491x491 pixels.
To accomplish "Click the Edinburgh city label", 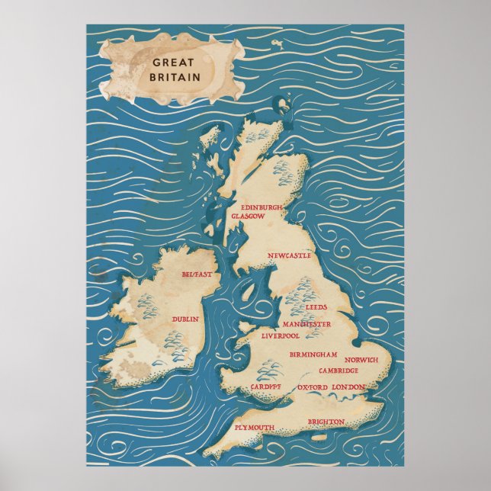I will [x=262, y=207].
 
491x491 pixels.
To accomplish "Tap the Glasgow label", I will [x=248, y=217].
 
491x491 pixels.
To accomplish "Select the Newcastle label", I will [x=289, y=257].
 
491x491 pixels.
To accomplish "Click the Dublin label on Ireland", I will [x=185, y=319].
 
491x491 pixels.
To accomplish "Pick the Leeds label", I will [x=316, y=307].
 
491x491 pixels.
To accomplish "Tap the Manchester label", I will [x=306, y=324].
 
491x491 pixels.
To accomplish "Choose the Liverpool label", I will [x=281, y=335].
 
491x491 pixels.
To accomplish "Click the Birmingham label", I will [x=313, y=355].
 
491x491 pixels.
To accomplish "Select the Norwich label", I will [x=361, y=360].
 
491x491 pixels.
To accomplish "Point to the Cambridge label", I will [x=339, y=371].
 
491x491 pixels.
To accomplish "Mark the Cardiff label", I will [x=265, y=387].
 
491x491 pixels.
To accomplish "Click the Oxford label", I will [x=312, y=388].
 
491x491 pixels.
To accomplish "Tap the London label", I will [x=348, y=387].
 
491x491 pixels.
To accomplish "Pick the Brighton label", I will [x=326, y=422].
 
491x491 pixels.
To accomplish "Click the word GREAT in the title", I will [x=172, y=63].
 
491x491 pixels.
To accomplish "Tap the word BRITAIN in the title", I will [x=175, y=76].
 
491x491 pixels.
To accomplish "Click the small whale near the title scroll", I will [x=277, y=47].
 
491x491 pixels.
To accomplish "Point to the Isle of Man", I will [x=249, y=290].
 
